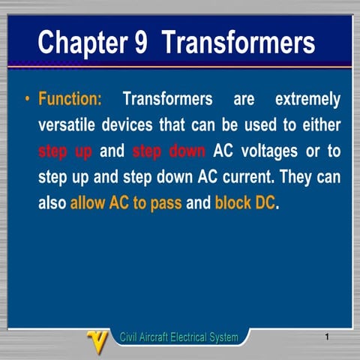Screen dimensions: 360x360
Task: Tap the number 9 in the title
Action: [141, 43]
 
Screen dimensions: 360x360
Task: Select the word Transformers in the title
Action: [238, 43]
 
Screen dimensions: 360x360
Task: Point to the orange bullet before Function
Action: [27, 100]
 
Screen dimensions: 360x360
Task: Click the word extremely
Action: [307, 100]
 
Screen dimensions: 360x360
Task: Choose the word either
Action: [321, 125]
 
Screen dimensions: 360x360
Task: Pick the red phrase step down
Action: [168, 151]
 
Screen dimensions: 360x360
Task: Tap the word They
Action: [289, 178]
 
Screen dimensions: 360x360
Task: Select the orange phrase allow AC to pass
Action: [126, 203]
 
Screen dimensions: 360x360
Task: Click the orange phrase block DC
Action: [245, 203]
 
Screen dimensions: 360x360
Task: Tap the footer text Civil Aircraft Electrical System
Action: [179, 337]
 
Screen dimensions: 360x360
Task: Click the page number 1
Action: [328, 337]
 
